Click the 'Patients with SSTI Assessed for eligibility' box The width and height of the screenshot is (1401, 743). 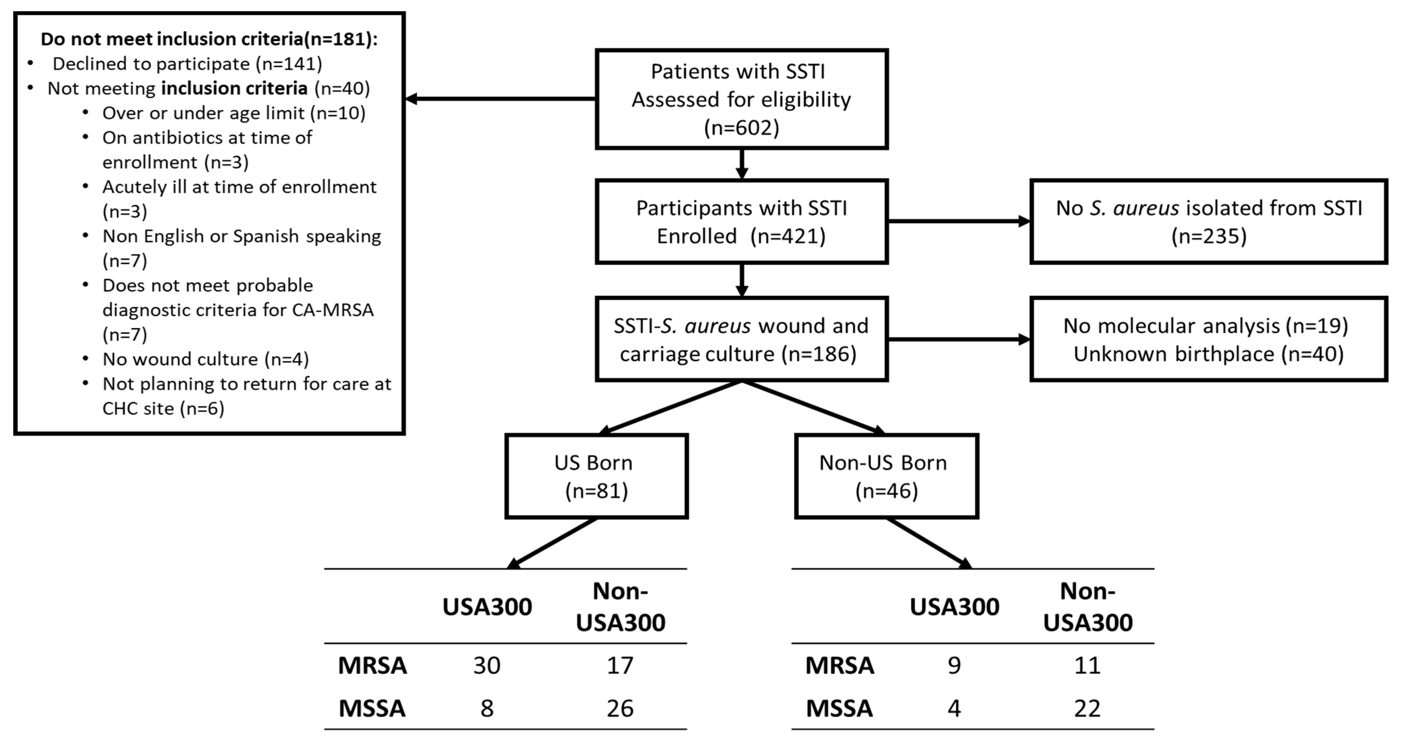pyautogui.click(x=741, y=99)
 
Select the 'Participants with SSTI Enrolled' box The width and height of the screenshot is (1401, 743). pyautogui.click(x=741, y=221)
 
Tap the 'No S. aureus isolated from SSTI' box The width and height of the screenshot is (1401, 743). pyautogui.click(x=1209, y=221)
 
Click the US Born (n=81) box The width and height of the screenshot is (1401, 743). pyautogui.click(x=596, y=476)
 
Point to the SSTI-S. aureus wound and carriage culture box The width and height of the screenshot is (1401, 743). pyautogui.click(x=741, y=339)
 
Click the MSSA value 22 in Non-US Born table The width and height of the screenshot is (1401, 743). pyautogui.click(x=1087, y=708)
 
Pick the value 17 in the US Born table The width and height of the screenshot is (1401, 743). pyautogui.click(x=620, y=665)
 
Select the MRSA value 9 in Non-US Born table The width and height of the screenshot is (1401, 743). pyautogui.click(x=954, y=665)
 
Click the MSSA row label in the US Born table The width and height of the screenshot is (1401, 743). pyautogui.click(x=372, y=708)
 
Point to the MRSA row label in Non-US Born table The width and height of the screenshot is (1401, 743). pyautogui.click(x=839, y=665)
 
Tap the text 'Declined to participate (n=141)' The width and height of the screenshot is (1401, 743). pyautogui.click(x=187, y=64)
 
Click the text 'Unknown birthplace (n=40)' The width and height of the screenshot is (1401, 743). pyautogui.click(x=1209, y=354)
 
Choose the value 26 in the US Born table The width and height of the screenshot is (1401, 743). pyautogui.click(x=620, y=708)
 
